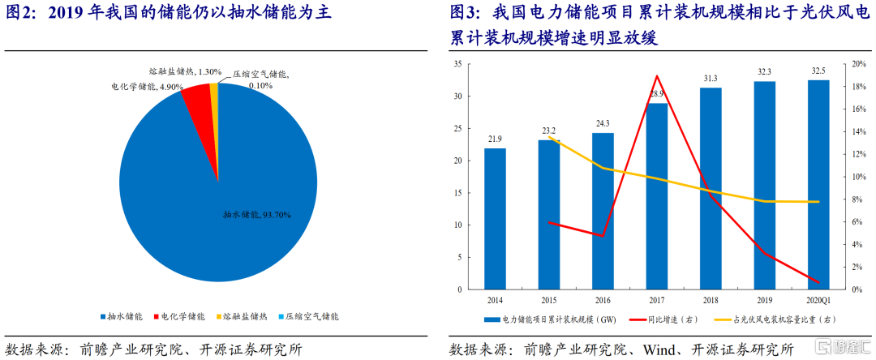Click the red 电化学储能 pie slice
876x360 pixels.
(x=198, y=95)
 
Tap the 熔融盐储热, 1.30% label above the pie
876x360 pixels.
(x=185, y=71)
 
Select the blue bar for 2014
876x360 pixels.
(x=495, y=218)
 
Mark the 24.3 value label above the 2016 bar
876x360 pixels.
(x=603, y=124)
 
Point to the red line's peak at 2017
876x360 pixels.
(x=656, y=76)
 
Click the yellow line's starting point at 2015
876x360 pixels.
(x=549, y=137)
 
